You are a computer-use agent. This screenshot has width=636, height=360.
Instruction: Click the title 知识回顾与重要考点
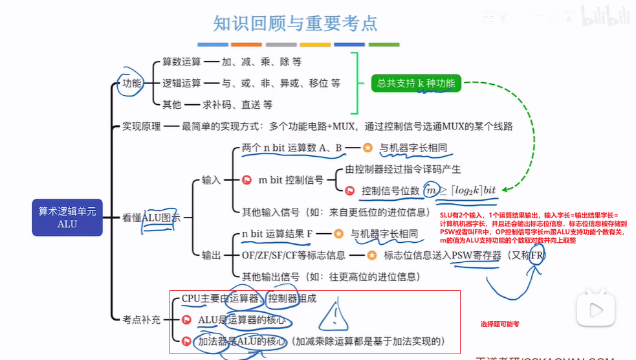tap(296, 24)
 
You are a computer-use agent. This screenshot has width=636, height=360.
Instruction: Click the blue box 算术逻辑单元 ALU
tap(67, 217)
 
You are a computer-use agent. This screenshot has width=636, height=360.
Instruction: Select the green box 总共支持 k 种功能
tap(416, 83)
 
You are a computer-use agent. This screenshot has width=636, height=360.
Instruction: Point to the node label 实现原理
tap(142, 126)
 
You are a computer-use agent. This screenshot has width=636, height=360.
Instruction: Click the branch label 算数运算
tap(182, 62)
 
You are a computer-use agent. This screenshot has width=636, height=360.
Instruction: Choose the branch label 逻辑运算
tap(182, 83)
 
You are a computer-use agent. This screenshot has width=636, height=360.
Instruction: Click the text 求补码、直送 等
tap(237, 104)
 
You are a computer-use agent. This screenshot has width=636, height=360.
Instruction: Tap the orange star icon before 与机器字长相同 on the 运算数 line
tap(367, 148)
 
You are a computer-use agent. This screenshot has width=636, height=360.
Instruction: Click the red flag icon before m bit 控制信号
tap(247, 180)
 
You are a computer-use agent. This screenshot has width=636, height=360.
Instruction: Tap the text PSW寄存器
tap(477, 255)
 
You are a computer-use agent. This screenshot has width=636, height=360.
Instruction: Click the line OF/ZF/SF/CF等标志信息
tap(294, 255)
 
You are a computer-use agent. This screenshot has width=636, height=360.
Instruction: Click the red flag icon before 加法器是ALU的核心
tap(187, 341)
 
